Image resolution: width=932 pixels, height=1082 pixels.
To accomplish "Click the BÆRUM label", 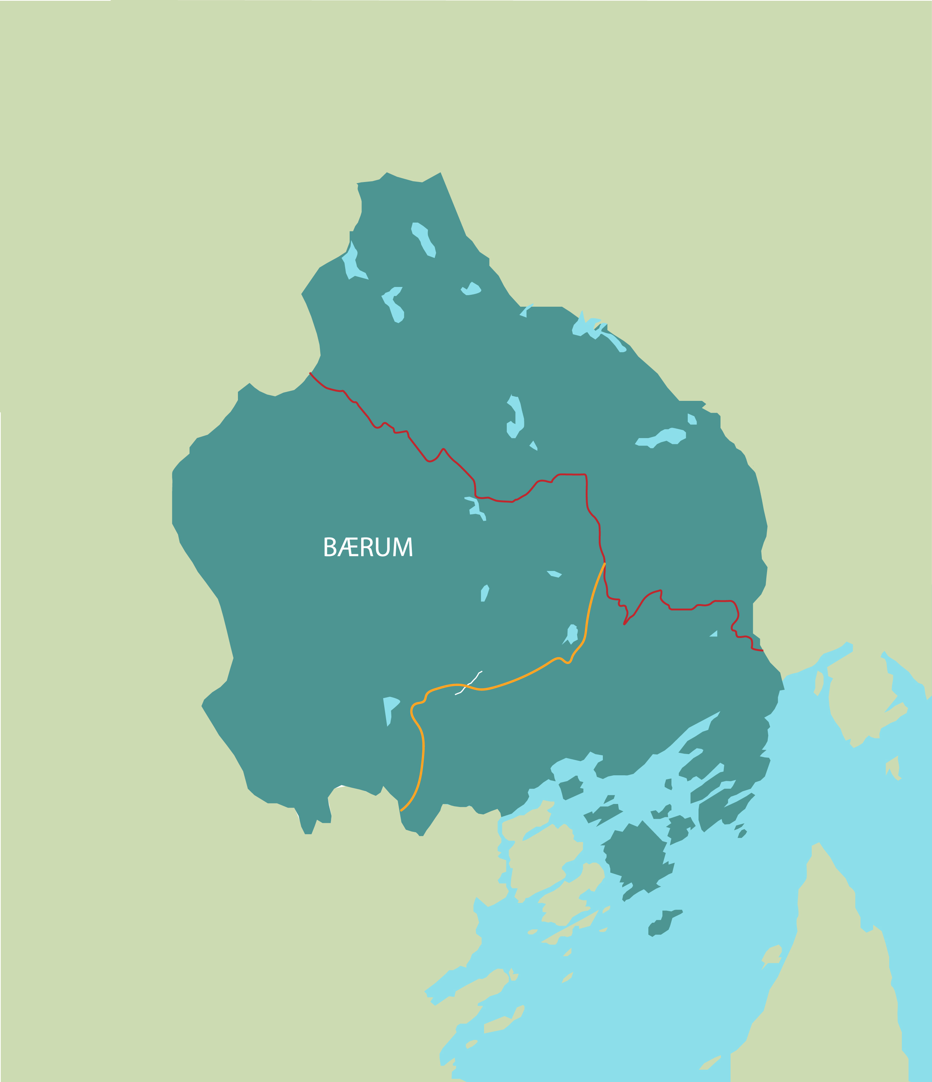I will point(368,547).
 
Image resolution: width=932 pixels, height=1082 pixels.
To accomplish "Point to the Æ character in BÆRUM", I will point(348,547).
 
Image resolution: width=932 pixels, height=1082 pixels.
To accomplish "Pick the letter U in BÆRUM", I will point(383,547).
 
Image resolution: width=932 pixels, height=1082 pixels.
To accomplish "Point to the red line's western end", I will point(310,373).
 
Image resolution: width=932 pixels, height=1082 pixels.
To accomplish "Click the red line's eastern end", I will point(763,651).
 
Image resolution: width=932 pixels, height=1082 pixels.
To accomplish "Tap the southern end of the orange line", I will point(401,810).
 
